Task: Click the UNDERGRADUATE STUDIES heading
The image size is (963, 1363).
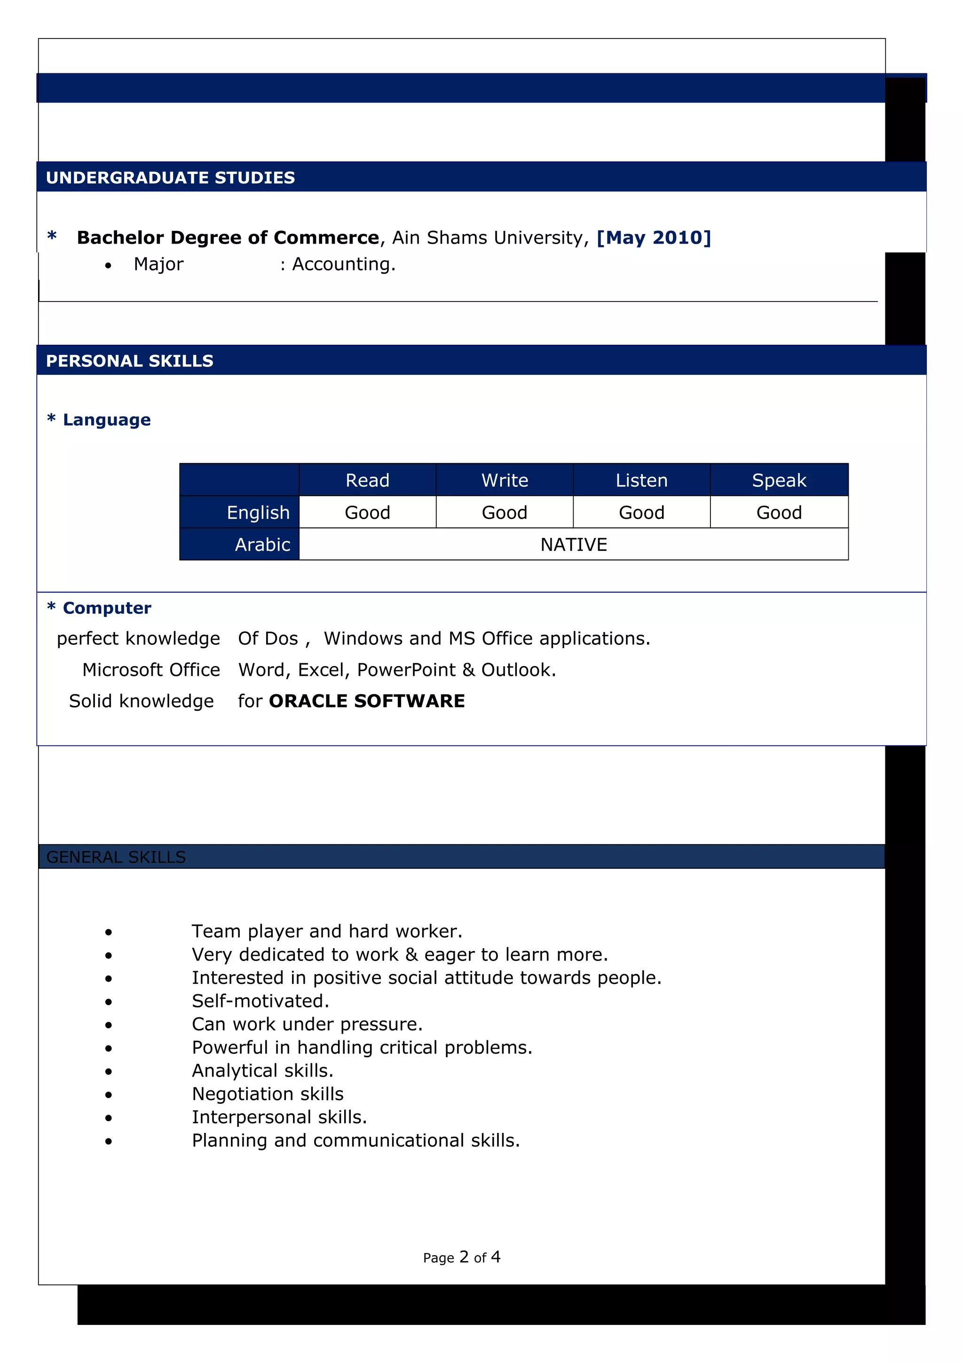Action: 170,177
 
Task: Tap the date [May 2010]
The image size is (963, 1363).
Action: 653,238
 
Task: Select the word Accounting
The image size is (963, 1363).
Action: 343,264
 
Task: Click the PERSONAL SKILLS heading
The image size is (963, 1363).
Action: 129,361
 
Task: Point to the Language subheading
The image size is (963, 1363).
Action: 106,420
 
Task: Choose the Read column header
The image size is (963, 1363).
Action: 367,480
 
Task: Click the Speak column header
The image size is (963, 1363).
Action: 779,480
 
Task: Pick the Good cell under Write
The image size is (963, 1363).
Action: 505,512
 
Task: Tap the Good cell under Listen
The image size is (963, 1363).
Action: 641,512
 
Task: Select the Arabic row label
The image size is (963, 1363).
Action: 262,544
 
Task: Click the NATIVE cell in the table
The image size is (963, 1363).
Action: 573,544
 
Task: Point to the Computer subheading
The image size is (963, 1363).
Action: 107,608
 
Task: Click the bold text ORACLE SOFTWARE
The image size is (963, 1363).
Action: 367,701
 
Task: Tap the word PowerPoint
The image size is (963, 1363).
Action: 406,670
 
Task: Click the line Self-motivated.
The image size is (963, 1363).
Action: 260,1001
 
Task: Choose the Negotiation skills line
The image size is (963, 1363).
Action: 268,1094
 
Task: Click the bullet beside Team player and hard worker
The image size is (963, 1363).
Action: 108,932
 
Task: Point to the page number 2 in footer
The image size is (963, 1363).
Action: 464,1257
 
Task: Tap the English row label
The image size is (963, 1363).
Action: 258,512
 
